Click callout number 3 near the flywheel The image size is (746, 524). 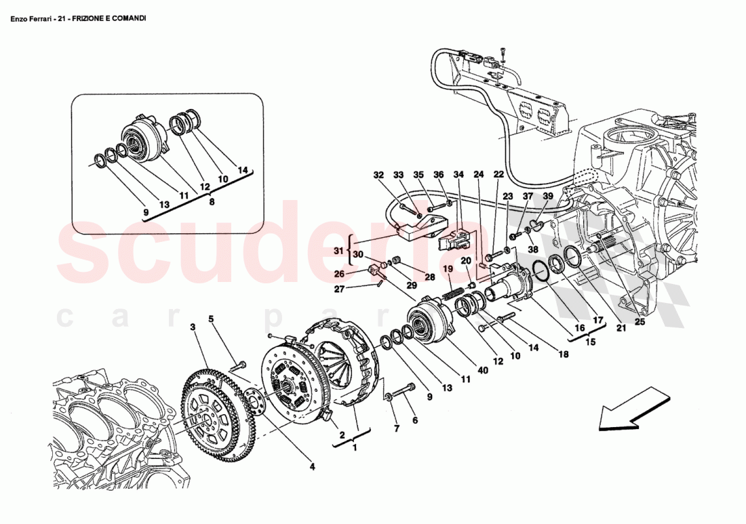click(x=193, y=327)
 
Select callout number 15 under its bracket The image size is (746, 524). click(x=590, y=342)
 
